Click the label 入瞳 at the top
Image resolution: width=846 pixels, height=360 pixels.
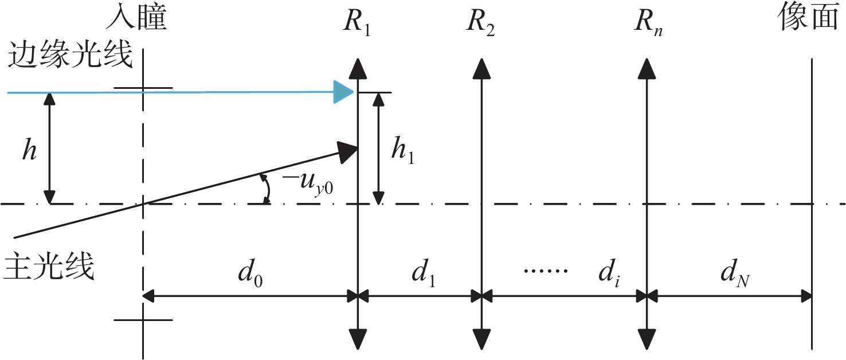click(x=136, y=19)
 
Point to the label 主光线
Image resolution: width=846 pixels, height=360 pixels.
click(x=49, y=267)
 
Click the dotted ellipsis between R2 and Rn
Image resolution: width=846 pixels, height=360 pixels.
click(x=545, y=269)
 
